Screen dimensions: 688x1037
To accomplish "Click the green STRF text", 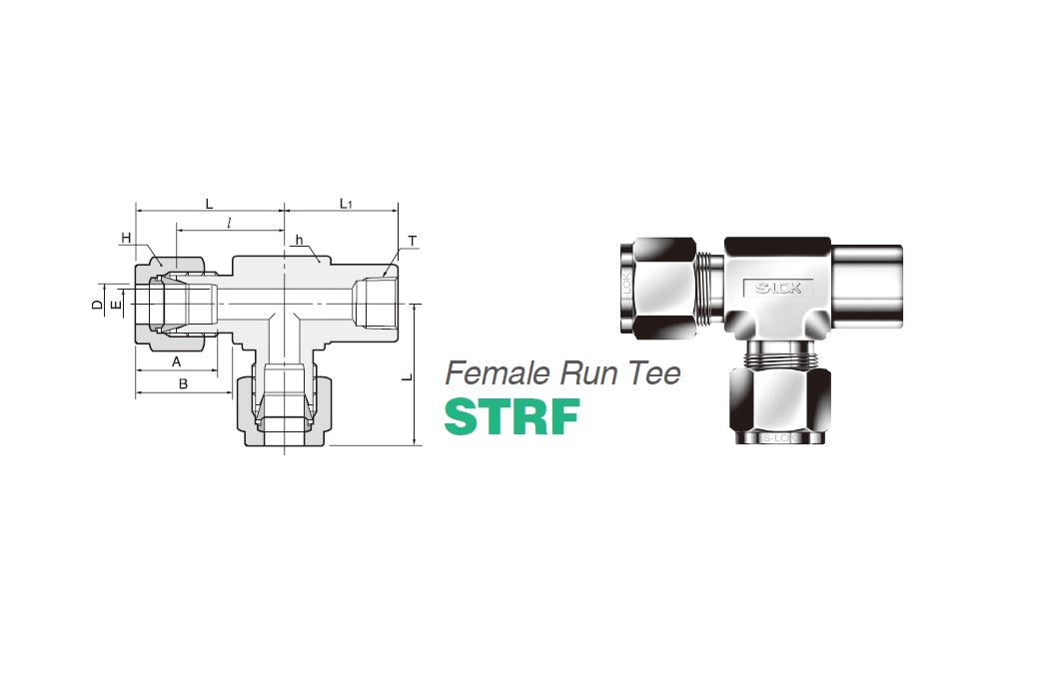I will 512,417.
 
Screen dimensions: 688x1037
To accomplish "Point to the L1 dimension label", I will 346,205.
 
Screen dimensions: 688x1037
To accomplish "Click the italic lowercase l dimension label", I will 230,224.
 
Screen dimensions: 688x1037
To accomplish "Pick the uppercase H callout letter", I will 126,238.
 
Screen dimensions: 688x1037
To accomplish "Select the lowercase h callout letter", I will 299,241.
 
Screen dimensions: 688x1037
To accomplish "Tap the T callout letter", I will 413,243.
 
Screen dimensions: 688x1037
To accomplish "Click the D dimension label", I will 97,303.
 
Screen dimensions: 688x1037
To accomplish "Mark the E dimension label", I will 116,303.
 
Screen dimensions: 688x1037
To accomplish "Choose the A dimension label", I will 176,361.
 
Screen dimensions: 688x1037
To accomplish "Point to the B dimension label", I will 183,383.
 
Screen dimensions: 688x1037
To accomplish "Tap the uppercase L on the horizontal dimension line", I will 209,204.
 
